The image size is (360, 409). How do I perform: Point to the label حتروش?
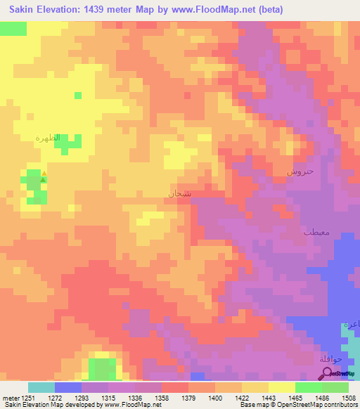[300, 171]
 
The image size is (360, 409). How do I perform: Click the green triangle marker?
[44, 180]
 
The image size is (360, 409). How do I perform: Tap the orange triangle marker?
[44, 173]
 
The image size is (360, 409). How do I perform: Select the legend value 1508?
[349, 397]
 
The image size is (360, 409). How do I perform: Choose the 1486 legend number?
[322, 397]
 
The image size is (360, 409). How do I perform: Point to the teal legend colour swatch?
[41, 387]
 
